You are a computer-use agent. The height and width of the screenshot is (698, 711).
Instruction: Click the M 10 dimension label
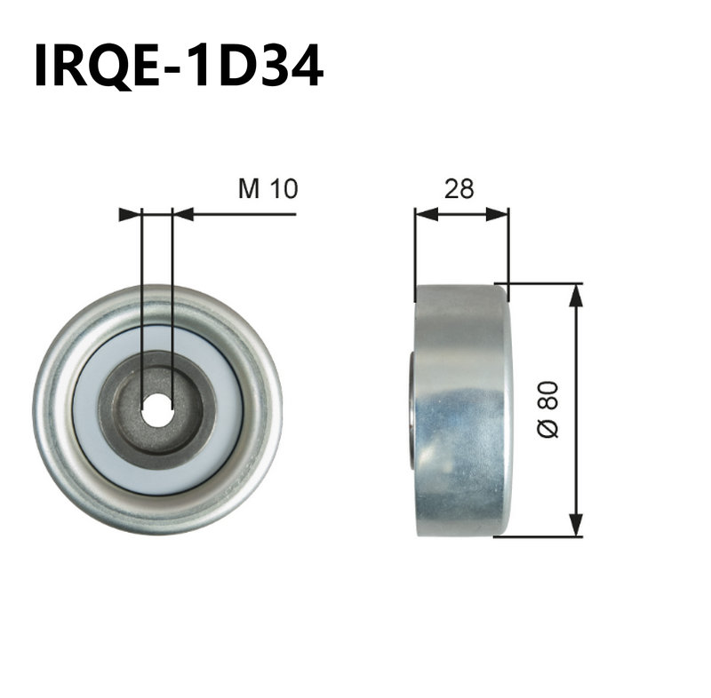(267, 188)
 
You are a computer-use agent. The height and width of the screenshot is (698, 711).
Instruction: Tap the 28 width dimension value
(459, 188)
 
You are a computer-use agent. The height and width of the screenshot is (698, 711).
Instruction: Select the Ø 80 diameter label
(548, 408)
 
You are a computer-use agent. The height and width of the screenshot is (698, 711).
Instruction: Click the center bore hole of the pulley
(157, 409)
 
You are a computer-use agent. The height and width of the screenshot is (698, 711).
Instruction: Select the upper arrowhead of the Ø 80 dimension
(576, 295)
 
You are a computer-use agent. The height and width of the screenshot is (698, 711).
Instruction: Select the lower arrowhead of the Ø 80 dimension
(576, 525)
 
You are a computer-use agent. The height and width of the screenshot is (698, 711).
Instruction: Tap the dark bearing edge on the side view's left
(413, 409)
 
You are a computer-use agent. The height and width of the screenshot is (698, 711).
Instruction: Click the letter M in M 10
(249, 188)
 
